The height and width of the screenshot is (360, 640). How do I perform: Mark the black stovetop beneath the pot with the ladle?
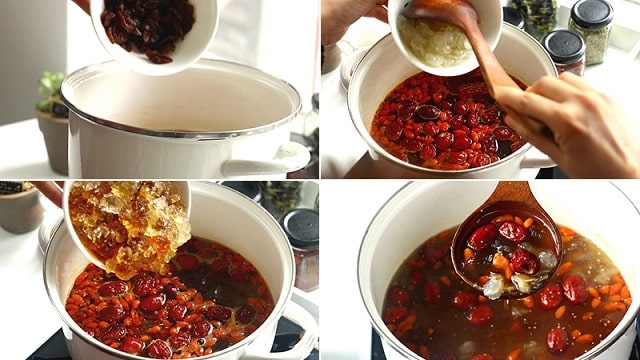point(378,345)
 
